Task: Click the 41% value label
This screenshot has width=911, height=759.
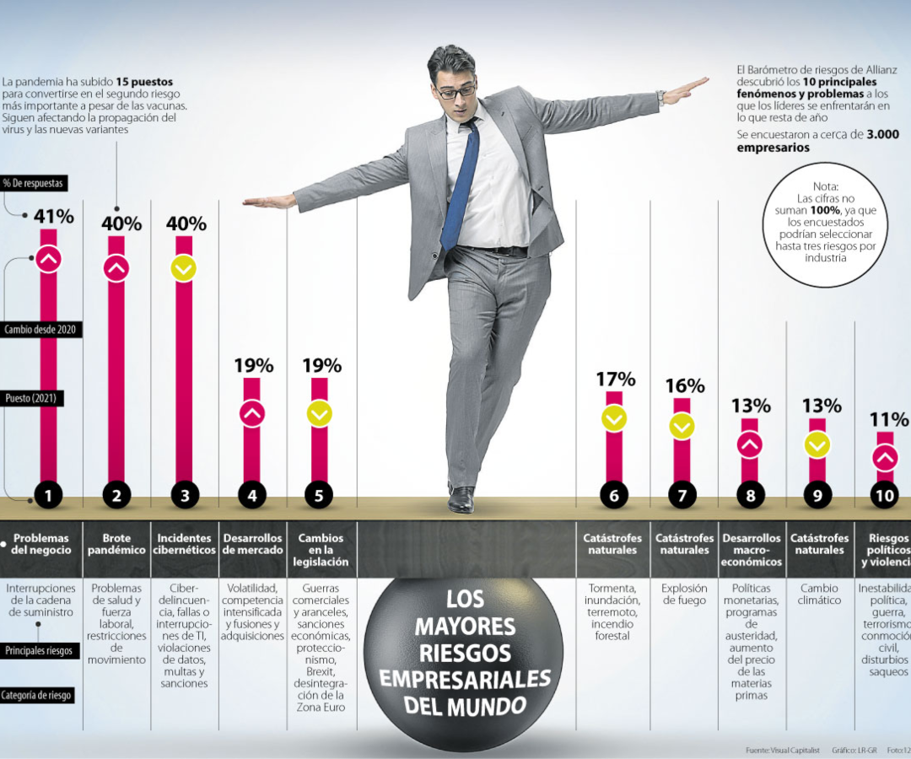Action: tap(54, 216)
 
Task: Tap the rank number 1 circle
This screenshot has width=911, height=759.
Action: tap(48, 496)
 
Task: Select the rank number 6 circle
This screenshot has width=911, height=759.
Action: tap(613, 496)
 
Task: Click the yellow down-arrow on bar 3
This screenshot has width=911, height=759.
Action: tap(184, 268)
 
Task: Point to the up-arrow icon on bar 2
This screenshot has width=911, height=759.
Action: tap(116, 268)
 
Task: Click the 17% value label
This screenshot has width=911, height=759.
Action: tap(615, 379)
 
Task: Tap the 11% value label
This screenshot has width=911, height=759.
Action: tap(888, 419)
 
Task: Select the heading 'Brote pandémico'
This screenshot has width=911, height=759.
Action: tap(116, 544)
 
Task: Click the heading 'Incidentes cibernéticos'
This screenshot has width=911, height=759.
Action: tap(184, 544)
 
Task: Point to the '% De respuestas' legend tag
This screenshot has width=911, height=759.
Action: tap(33, 183)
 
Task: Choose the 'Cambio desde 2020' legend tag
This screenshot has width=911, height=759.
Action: tap(40, 330)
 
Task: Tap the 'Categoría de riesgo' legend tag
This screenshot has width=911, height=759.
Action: tap(37, 696)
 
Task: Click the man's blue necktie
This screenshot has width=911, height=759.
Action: tap(460, 186)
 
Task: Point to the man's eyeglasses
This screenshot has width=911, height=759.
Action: tap(455, 90)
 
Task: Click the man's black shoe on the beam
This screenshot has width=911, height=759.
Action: tap(461, 499)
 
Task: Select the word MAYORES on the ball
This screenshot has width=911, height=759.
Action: tap(465, 627)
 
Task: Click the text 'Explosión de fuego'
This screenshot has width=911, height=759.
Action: tap(684, 595)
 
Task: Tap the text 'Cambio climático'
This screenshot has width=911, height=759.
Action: tap(819, 595)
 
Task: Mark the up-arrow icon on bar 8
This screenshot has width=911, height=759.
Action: tap(750, 444)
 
